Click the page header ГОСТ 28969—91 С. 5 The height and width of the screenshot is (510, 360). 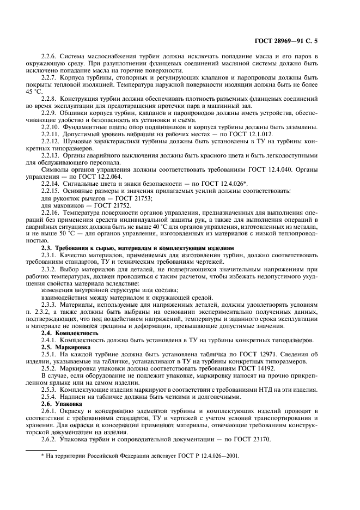[x=308, y=41]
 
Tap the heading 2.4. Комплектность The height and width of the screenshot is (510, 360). [x=70, y=332]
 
